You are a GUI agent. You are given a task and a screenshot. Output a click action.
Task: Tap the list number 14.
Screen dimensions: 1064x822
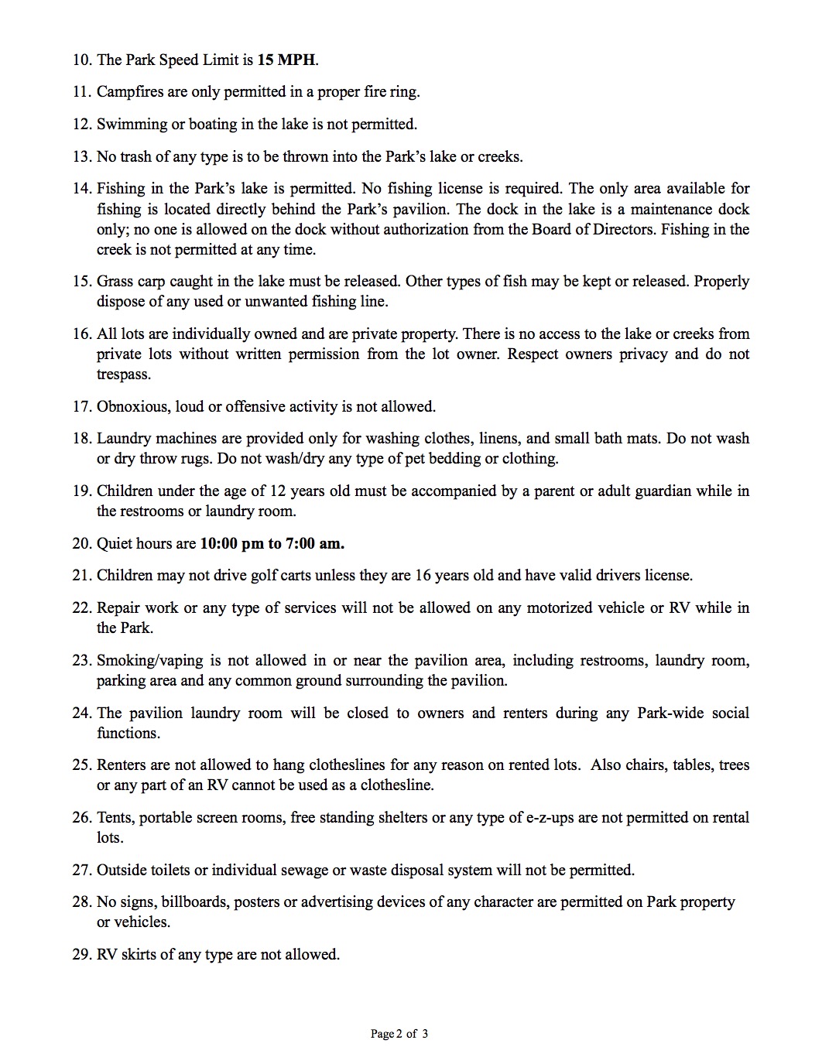point(81,188)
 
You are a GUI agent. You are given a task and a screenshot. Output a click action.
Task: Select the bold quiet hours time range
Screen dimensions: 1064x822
point(272,543)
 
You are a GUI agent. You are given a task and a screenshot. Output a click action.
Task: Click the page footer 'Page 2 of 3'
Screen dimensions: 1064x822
point(399,1034)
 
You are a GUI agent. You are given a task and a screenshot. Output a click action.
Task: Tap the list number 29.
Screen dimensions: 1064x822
point(81,954)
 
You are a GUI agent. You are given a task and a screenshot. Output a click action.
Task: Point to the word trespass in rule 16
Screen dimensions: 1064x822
point(123,375)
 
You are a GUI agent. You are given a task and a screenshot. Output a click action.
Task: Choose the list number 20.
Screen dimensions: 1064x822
point(81,543)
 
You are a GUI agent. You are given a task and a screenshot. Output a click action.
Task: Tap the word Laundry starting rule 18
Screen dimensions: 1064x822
point(123,438)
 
